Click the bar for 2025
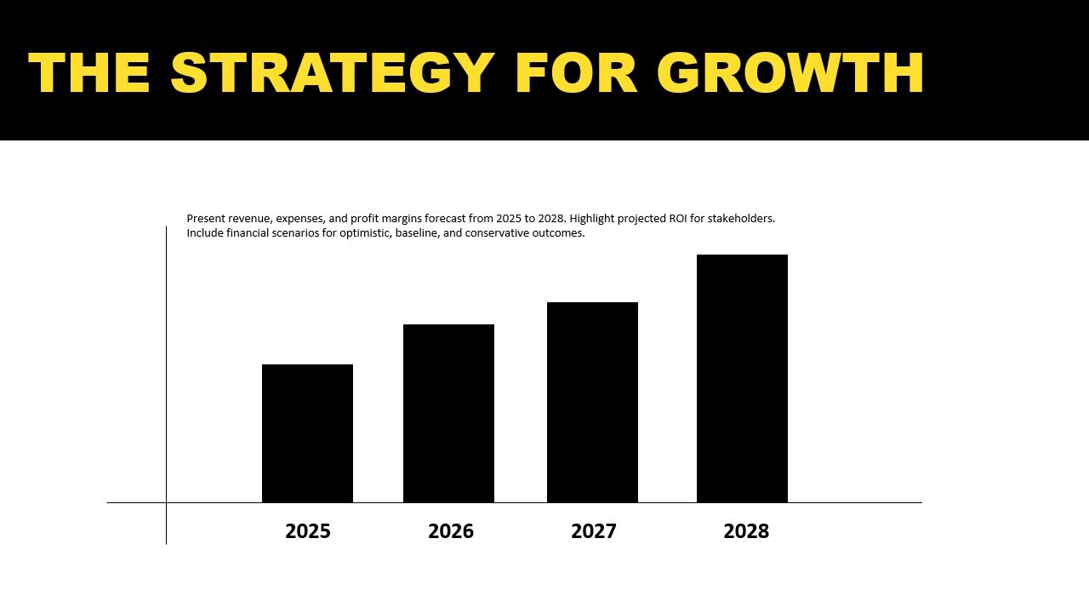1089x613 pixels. point(307,433)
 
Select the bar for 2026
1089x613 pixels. point(448,413)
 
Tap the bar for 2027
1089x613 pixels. point(592,402)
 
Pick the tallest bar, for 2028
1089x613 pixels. point(742,378)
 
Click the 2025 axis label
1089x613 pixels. point(308,531)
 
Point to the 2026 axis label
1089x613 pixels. point(451,531)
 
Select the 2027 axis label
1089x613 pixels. point(594,531)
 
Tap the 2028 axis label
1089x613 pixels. point(746,531)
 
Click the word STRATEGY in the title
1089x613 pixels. point(333,73)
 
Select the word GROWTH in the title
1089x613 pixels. point(790,73)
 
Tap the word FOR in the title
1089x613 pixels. point(576,73)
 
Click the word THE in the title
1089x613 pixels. point(89,73)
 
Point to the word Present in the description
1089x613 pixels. point(207,219)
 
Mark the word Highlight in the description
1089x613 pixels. point(595,219)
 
